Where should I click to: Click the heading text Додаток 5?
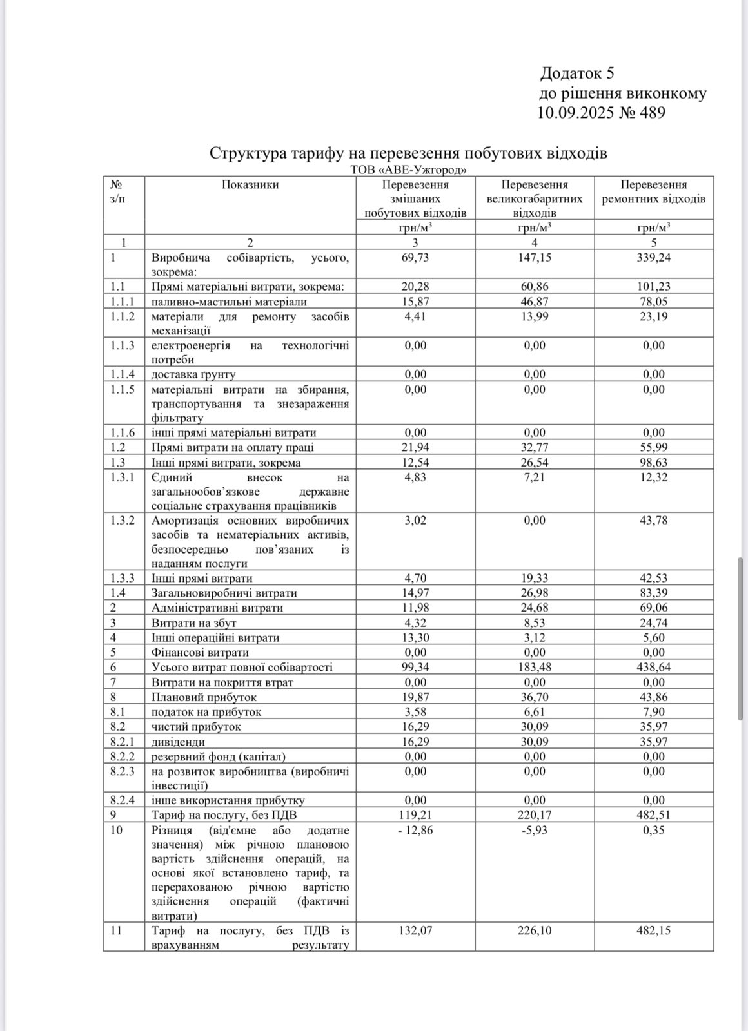(577, 73)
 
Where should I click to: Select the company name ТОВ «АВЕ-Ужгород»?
(408, 169)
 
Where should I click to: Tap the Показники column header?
(250, 185)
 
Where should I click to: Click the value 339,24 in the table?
(654, 258)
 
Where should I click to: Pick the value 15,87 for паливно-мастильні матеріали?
(415, 302)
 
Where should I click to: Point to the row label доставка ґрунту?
(193, 374)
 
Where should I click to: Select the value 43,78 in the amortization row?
(654, 521)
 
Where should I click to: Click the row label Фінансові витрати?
(200, 653)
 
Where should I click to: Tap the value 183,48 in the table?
(534, 668)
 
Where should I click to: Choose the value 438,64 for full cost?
(654, 668)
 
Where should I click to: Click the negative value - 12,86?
(415, 831)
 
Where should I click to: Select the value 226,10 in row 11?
(534, 931)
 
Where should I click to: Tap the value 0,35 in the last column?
(654, 831)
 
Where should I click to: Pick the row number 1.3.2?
(123, 521)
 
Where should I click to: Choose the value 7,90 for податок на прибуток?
(654, 712)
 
